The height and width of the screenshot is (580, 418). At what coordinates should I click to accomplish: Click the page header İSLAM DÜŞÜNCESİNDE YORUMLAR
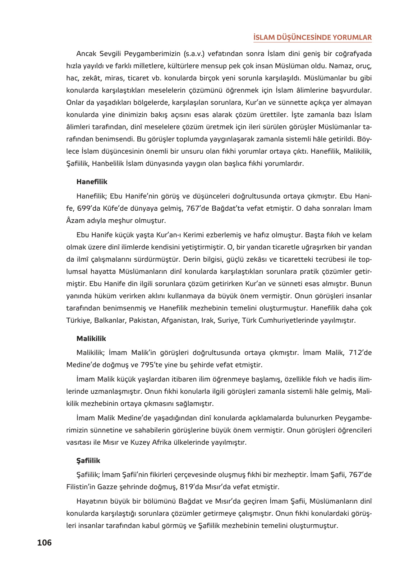pos(312,37)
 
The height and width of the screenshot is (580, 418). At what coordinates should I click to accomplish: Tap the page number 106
pos(44,542)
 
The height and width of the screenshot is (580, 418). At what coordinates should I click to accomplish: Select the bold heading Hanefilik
pos(92,182)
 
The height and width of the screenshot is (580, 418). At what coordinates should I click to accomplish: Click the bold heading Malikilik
pos(91,338)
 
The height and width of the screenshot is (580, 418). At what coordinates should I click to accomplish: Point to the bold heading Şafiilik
pos(88,460)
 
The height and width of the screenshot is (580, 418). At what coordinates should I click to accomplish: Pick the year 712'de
pos(360,352)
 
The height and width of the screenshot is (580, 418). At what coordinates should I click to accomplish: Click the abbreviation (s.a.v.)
pos(194,54)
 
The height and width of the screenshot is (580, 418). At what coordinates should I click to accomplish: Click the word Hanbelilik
pos(108,163)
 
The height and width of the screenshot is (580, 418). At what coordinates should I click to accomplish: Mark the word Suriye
pos(228,320)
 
